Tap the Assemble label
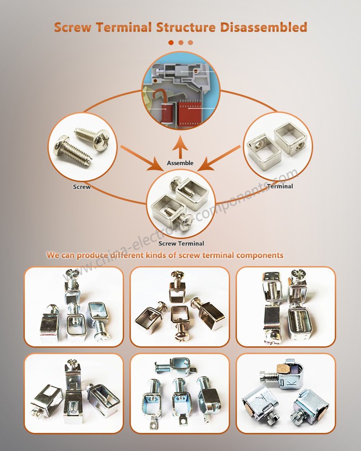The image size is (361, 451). pyautogui.click(x=180, y=163)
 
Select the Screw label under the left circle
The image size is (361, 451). pyautogui.click(x=82, y=187)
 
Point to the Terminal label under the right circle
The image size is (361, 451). pyautogui.click(x=280, y=186)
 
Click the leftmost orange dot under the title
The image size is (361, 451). pyautogui.click(x=171, y=43)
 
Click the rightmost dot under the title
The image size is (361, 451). pyautogui.click(x=190, y=43)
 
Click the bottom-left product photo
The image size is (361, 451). pyautogui.click(x=73, y=393)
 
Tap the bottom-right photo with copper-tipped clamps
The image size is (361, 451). pyautogui.click(x=286, y=393)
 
